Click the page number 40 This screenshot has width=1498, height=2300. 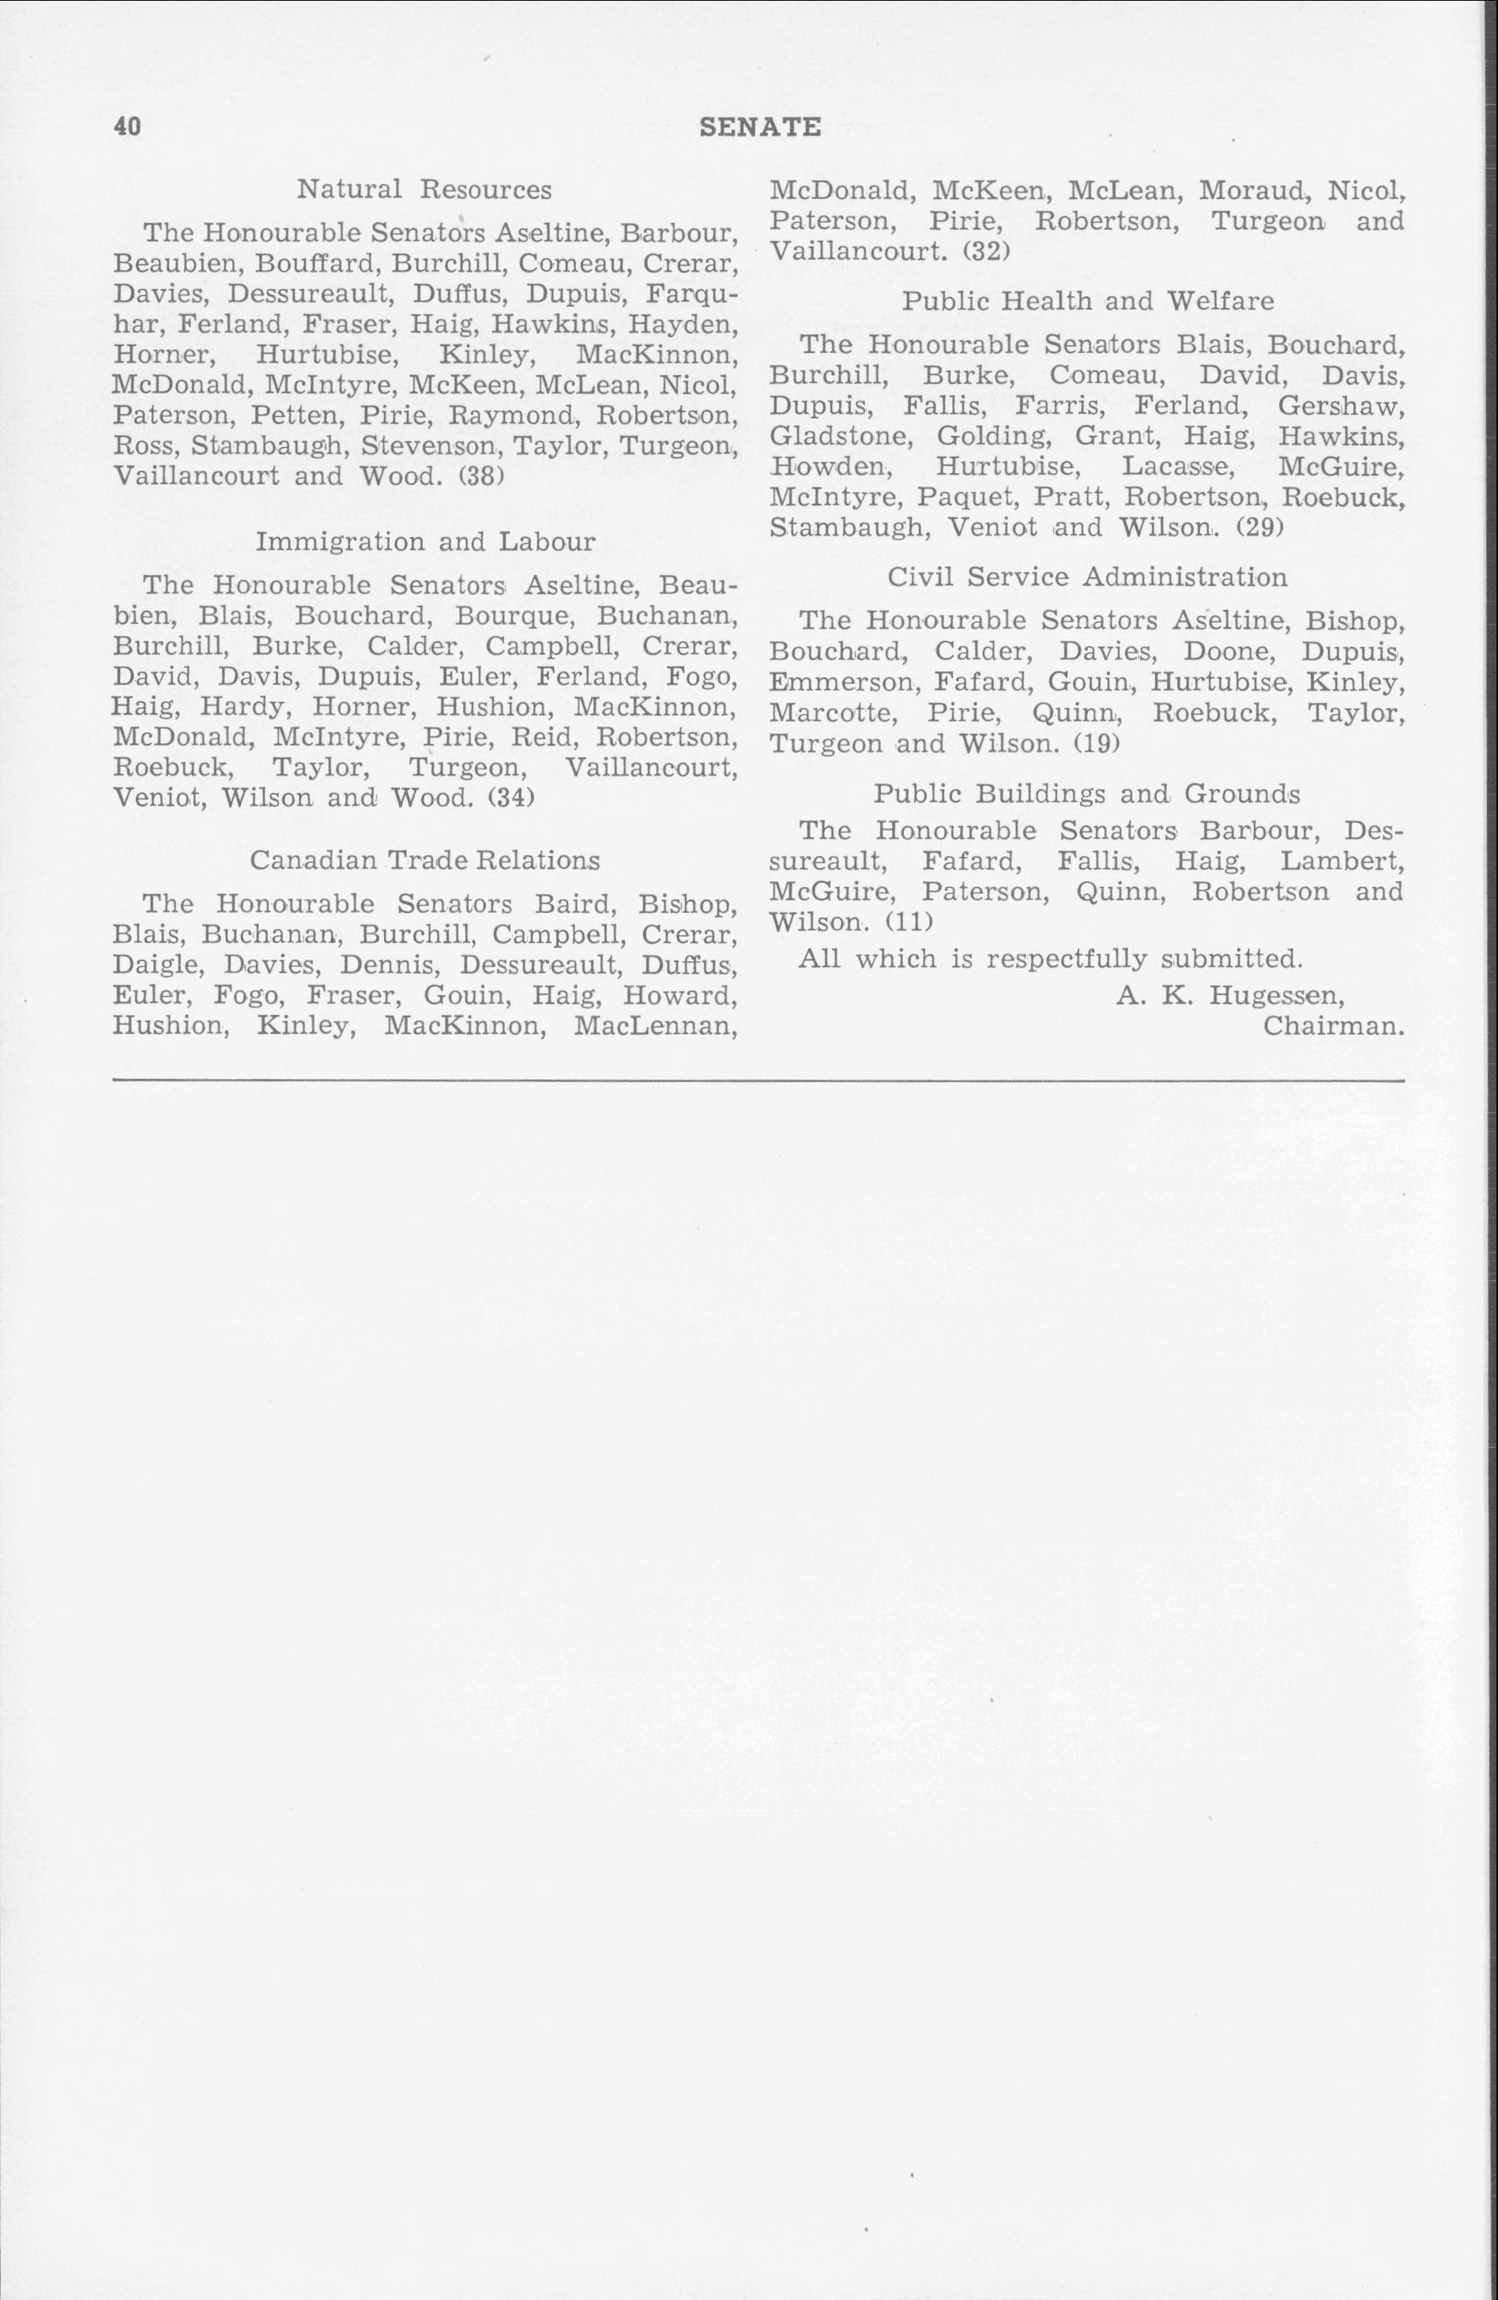pos(127,126)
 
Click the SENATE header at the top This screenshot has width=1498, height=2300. pos(759,126)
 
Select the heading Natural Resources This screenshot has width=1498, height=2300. pos(424,190)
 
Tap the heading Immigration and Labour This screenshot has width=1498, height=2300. pos(425,541)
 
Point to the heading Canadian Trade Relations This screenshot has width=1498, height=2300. pos(424,860)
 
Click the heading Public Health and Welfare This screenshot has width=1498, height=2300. pos(1087,302)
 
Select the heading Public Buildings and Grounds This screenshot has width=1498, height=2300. pos(1086,795)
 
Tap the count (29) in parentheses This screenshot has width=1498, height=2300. pos(1259,528)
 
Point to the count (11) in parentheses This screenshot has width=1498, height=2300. pos(908,922)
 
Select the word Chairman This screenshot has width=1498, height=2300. pos(1333,1025)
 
